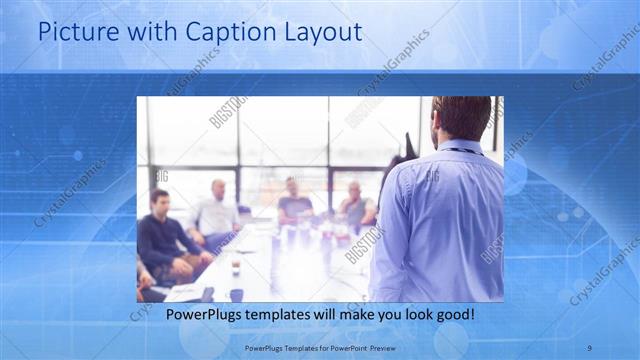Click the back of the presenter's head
pyautogui.click(x=461, y=117)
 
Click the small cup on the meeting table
pyautogui.click(x=236, y=268)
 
